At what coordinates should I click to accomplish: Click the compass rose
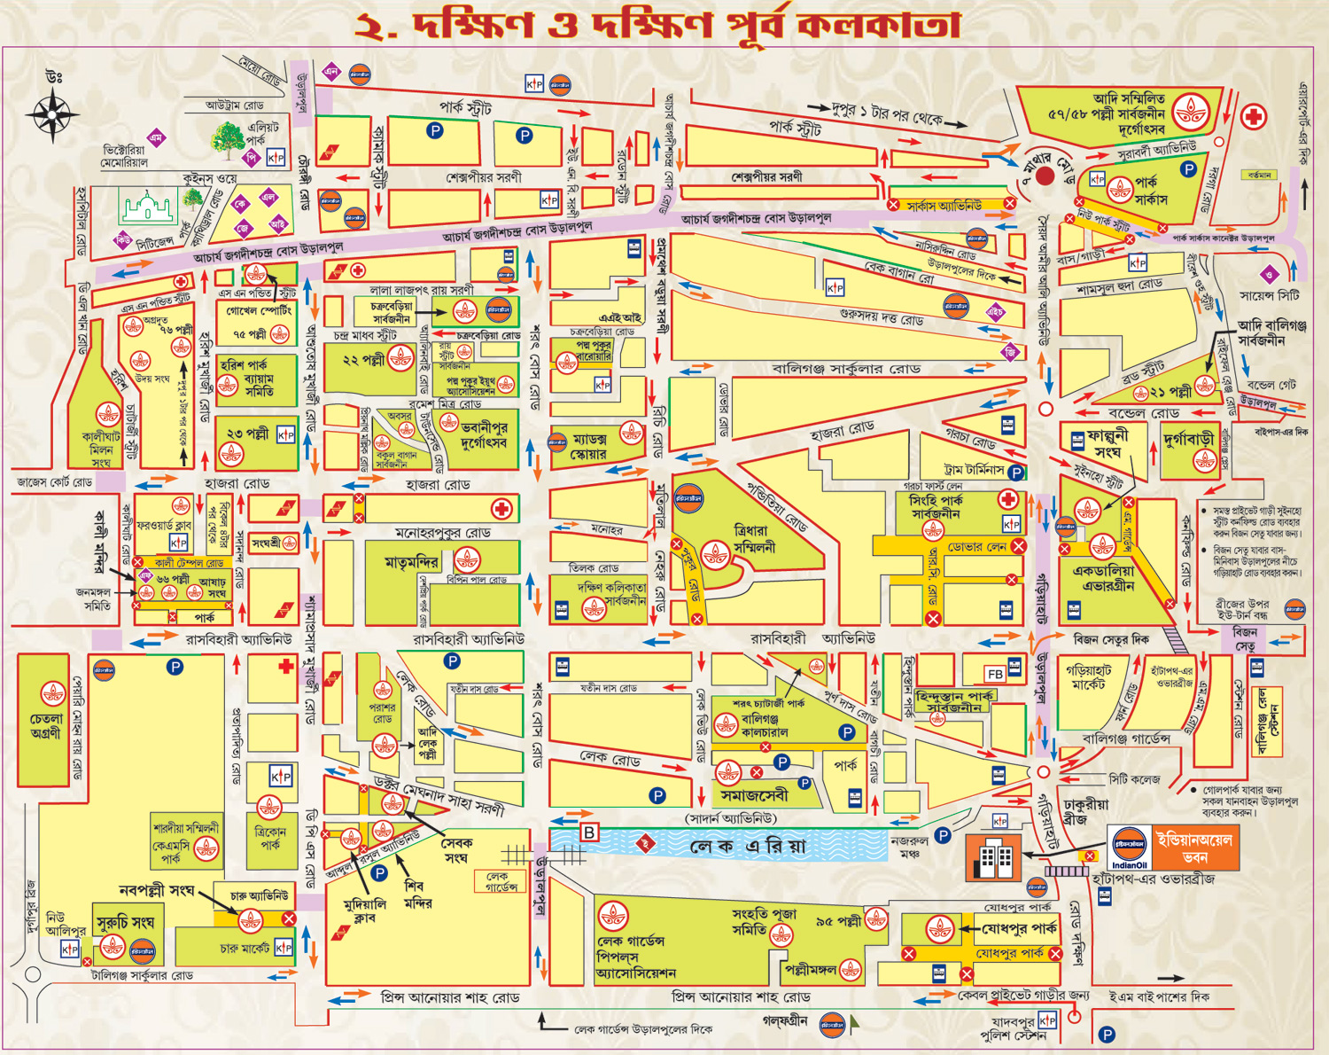52,114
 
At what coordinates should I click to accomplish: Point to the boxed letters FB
995,674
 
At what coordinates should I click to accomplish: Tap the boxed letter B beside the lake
589,832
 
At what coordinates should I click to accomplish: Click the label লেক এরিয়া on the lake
749,847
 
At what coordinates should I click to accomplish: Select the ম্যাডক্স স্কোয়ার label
589,446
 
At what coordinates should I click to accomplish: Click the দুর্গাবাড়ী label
1189,438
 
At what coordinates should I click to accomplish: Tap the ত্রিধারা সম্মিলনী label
754,539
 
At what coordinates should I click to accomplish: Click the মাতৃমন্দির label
411,562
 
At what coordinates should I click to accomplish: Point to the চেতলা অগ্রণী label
45,726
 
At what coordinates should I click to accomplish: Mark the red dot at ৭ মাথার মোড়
1045,176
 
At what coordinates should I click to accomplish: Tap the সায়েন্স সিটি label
1269,295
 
